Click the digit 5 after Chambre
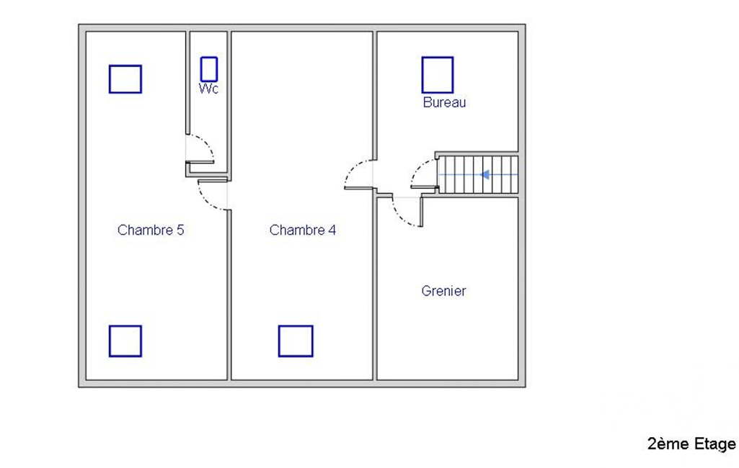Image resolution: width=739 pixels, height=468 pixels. (180, 230)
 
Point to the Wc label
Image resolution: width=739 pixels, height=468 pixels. (208, 89)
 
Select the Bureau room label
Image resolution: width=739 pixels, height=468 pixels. (444, 102)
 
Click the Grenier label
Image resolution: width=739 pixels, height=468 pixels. (443, 291)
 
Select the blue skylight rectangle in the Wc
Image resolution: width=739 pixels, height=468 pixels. (209, 69)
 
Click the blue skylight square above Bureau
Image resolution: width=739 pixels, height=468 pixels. (438, 75)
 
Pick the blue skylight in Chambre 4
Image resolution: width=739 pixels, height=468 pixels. (296, 341)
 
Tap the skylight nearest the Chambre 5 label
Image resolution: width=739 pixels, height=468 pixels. (125, 341)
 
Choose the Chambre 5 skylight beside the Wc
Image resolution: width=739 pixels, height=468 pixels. (125, 79)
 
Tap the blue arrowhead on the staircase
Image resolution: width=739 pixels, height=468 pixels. (484, 175)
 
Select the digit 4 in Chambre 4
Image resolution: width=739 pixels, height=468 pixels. (332, 230)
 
